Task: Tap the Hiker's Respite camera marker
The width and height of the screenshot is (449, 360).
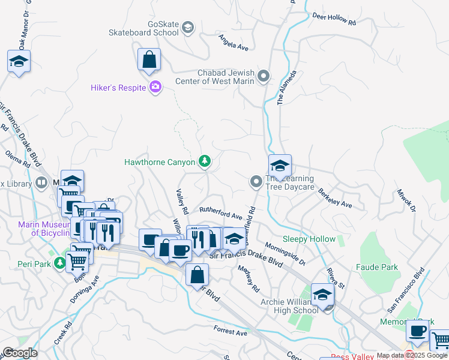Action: click(x=155, y=88)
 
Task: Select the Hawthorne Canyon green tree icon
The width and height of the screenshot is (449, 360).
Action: click(x=205, y=161)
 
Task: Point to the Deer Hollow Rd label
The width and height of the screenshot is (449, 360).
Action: click(x=335, y=19)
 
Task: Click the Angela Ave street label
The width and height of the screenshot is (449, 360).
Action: click(x=234, y=42)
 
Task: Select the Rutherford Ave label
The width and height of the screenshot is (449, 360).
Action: click(x=220, y=212)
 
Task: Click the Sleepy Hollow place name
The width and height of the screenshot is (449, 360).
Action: click(x=309, y=239)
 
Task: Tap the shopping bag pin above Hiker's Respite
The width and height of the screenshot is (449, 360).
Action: click(x=149, y=60)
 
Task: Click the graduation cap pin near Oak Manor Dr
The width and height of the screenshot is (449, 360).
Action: click(x=19, y=61)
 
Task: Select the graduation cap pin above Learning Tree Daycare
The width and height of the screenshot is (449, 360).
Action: click(x=280, y=166)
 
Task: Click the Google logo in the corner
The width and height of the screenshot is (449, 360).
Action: click(x=20, y=353)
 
